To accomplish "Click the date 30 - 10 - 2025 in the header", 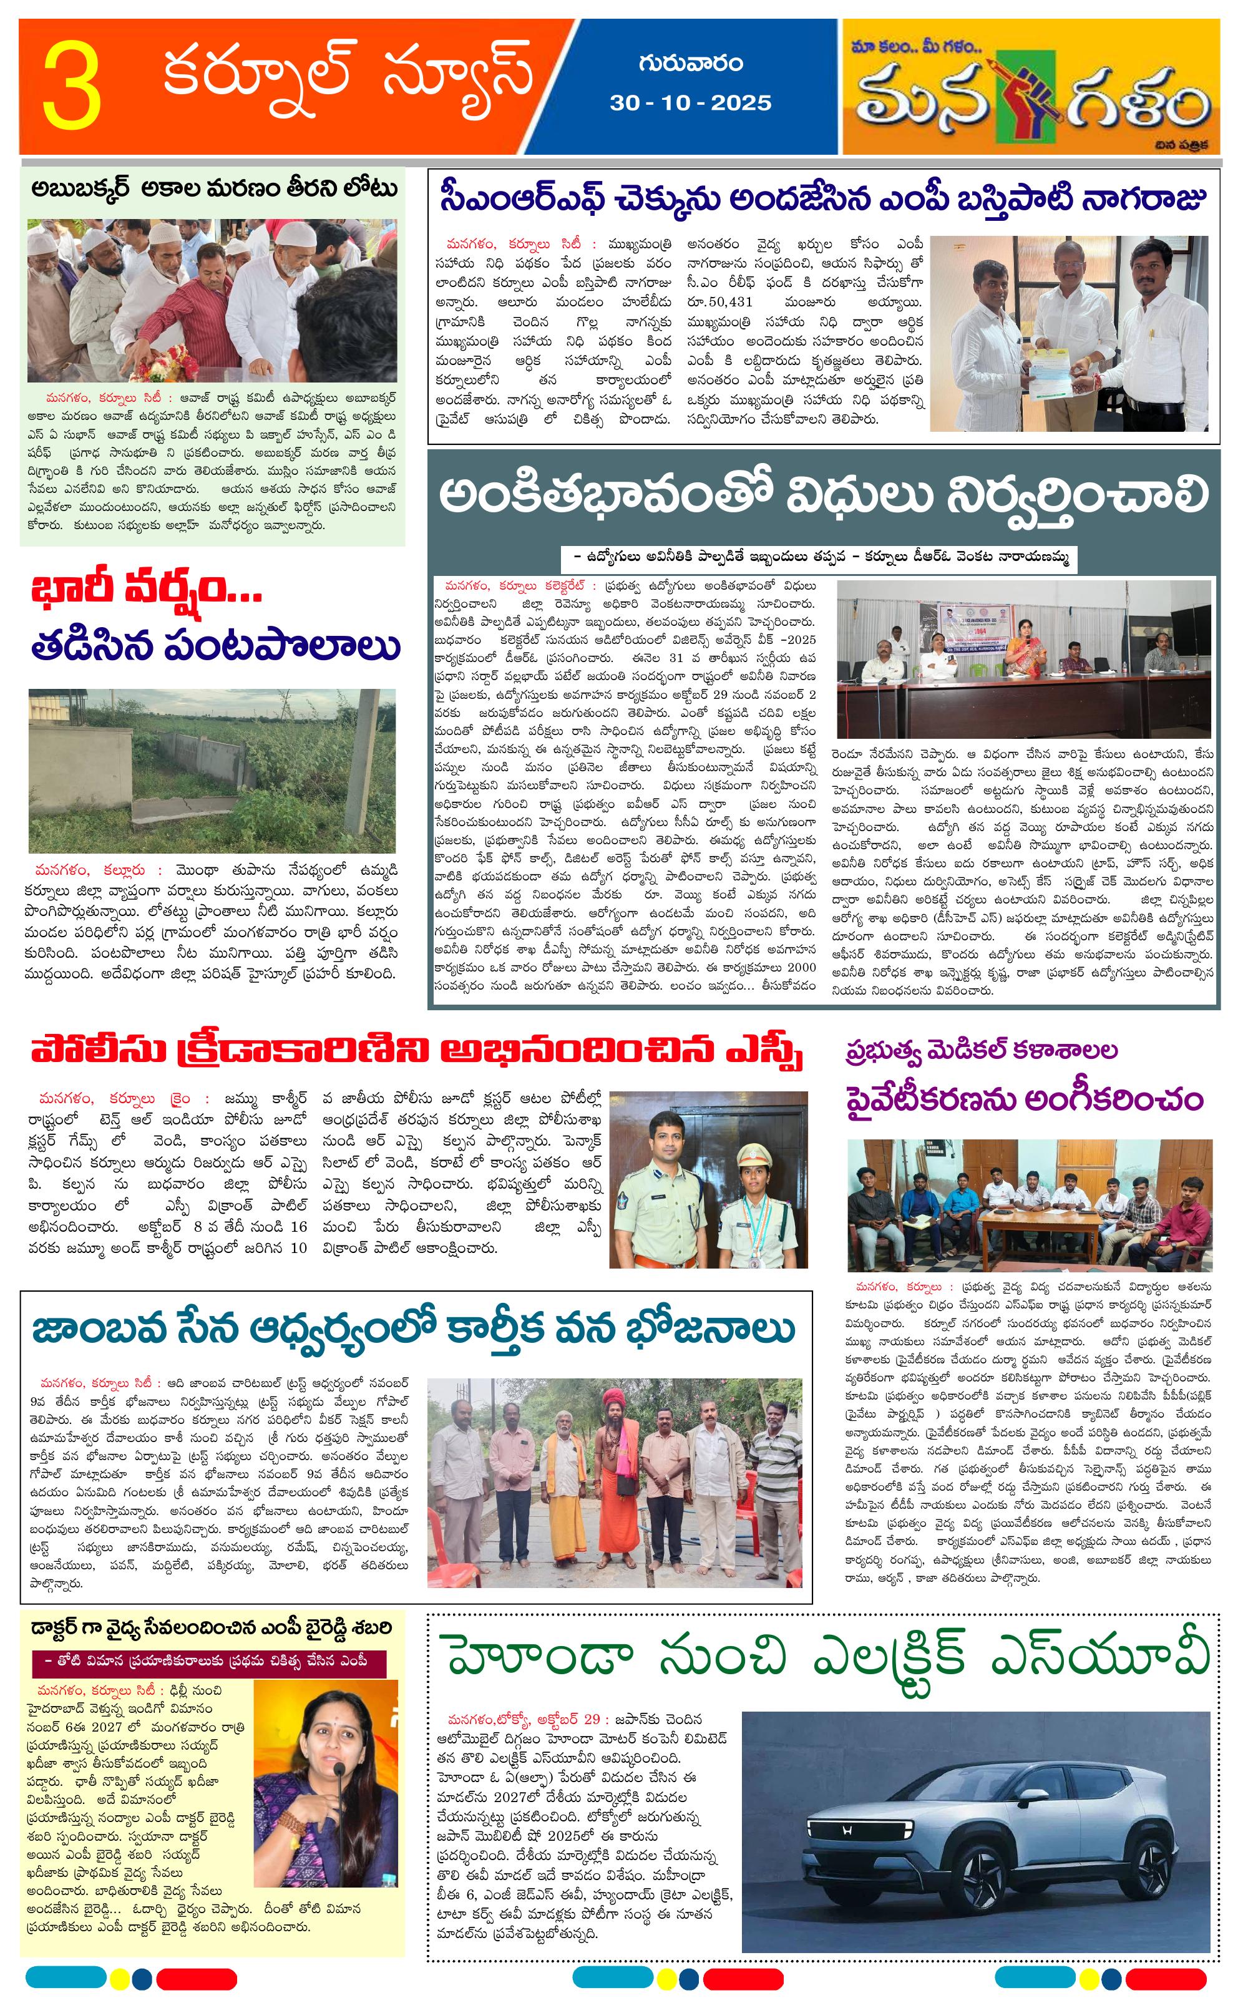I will pyautogui.click(x=690, y=102).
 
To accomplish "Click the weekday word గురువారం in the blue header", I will pyautogui.click(x=690, y=63).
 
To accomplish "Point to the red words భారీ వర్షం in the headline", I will pyautogui.click(x=147, y=590).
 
